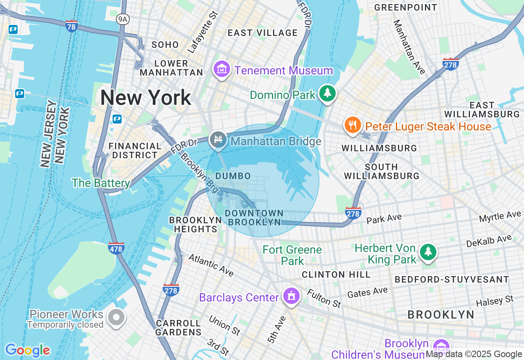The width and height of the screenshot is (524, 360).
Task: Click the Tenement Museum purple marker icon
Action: (x=221, y=70)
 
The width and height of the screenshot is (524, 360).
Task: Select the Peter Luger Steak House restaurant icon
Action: (x=352, y=125)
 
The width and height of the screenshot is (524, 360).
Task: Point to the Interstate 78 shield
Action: (x=72, y=26)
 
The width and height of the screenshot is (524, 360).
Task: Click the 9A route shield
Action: (x=122, y=19)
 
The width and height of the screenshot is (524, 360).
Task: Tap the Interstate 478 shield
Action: (x=116, y=248)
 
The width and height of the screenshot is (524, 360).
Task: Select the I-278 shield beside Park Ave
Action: (x=353, y=213)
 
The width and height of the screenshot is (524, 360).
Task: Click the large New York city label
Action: (x=146, y=98)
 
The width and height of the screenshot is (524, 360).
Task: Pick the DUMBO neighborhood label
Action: (x=233, y=176)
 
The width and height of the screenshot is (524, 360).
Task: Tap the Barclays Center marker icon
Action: (x=291, y=296)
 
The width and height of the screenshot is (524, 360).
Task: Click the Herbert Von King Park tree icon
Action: (x=428, y=251)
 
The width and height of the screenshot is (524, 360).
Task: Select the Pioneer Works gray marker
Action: (x=116, y=317)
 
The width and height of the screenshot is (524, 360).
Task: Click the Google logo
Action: (x=27, y=351)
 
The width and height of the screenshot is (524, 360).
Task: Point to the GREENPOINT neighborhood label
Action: (x=406, y=8)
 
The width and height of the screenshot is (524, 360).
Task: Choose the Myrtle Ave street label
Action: (x=500, y=217)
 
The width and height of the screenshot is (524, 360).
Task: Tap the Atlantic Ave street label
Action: (x=211, y=265)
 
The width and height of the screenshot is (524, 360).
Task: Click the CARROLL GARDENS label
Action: (x=178, y=328)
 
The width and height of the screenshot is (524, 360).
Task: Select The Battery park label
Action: (x=101, y=183)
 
